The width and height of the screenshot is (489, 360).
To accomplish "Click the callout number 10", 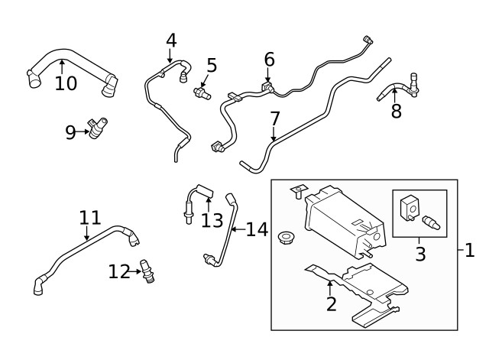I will tap(66, 83).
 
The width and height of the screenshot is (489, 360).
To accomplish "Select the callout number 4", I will tap(170, 40).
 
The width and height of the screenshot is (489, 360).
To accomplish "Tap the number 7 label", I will tap(274, 118).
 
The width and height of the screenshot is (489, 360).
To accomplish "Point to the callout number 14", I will tap(257, 229).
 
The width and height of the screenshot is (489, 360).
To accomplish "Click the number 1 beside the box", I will tap(469, 249).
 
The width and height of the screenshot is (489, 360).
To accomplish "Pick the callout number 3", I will tap(420, 253).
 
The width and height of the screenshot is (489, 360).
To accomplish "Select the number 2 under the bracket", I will tap(330, 304).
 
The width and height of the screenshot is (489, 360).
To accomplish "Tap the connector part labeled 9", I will tap(98, 128).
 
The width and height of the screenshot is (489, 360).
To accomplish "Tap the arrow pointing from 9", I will tap(84, 132).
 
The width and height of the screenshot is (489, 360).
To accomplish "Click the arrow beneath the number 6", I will tap(269, 75).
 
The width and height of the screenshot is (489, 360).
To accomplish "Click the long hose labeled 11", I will tap(84, 249).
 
